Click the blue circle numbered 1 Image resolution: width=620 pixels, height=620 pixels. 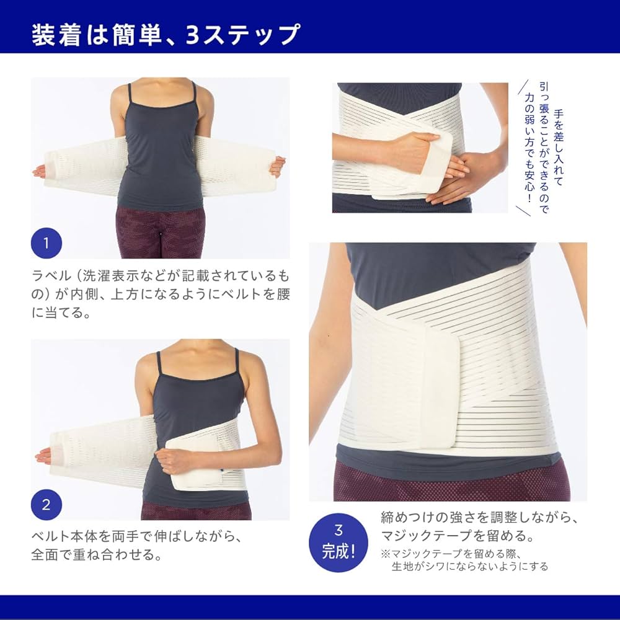pyautogui.click(x=46, y=243)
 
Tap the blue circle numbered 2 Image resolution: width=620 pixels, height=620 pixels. pyautogui.click(x=46, y=504)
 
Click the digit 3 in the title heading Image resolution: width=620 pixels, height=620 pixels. pyautogui.click(x=192, y=35)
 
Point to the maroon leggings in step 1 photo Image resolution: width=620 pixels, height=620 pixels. pyautogui.click(x=161, y=232)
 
